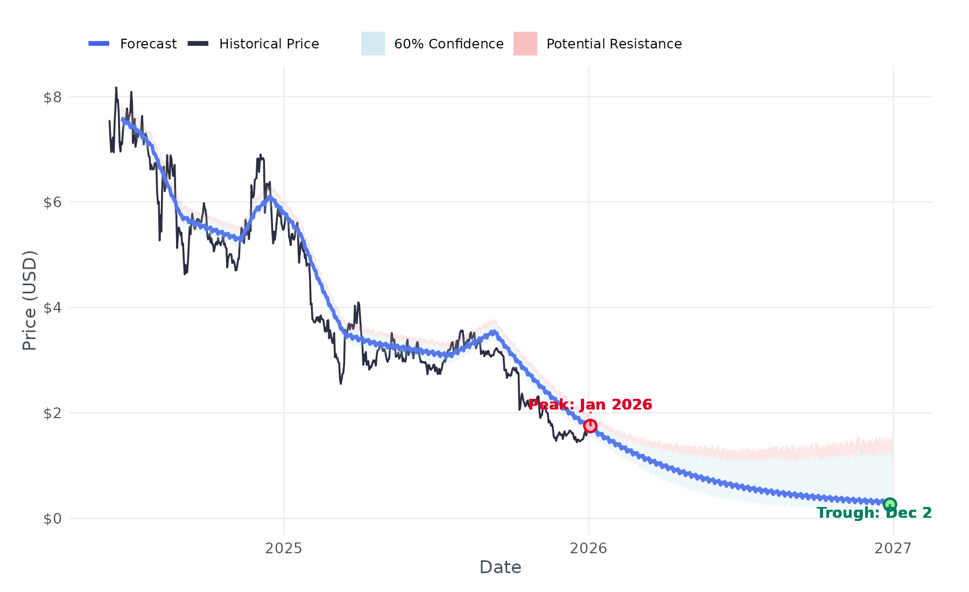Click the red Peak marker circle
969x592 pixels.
591,426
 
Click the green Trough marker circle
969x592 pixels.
890,504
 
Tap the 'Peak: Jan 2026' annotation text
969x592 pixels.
590,405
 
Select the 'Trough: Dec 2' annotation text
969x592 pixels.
874,513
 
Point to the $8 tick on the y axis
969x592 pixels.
53,97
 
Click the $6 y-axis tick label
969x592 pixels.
53,202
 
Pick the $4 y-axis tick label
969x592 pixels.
53,308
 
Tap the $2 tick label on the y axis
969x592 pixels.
53,413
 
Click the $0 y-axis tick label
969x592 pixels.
53,519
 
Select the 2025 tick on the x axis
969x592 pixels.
284,548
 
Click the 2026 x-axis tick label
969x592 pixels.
588,548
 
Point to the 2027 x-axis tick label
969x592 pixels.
893,548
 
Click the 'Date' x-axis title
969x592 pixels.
500,567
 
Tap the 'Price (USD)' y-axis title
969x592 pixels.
30,300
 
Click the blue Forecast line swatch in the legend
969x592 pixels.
99,44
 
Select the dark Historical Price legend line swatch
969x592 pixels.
198,44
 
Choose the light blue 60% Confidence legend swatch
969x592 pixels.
373,44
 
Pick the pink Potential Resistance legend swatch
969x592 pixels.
525,44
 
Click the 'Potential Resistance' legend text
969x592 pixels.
614,44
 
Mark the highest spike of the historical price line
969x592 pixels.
116,88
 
